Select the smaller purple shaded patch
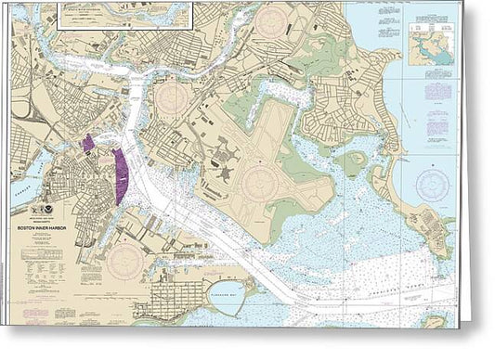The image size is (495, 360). pos(89,143)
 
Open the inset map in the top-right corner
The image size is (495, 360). pos(430,45)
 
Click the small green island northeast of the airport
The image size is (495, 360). pos(351,163)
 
